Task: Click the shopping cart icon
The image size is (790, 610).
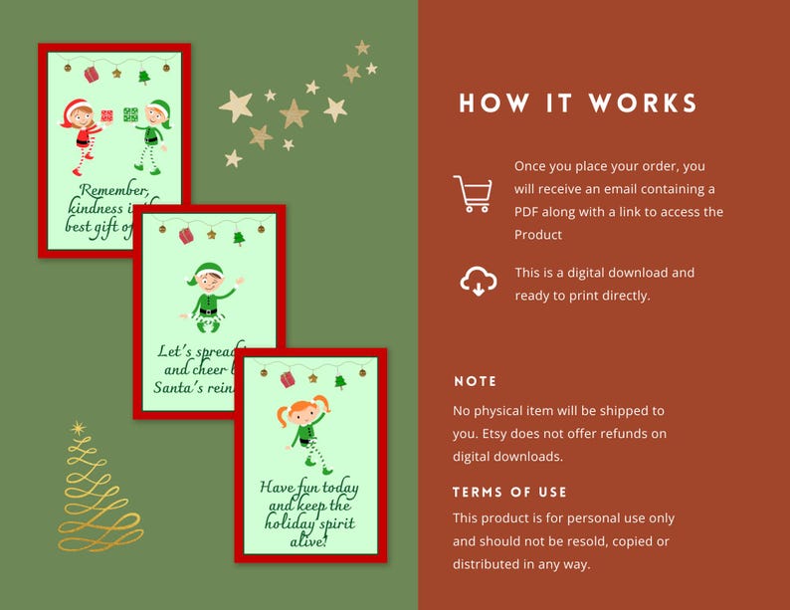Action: point(472,194)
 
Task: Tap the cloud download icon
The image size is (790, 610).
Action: point(478,282)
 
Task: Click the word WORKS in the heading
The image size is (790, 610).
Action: point(643,103)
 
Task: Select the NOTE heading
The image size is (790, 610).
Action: point(476,381)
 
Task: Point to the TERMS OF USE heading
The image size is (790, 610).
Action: point(509,493)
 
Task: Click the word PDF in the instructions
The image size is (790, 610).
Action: point(528,212)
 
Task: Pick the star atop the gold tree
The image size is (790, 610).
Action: point(79,428)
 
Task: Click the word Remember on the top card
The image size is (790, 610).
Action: point(112,191)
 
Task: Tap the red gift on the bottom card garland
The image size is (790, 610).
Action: point(288,379)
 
